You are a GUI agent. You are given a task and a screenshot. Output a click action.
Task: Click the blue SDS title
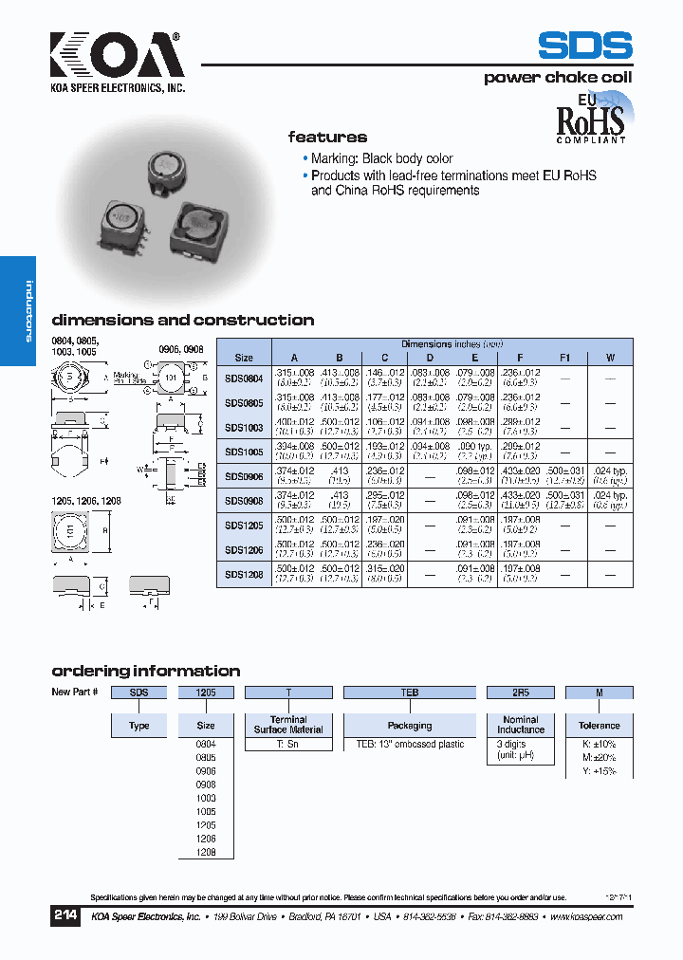point(584,47)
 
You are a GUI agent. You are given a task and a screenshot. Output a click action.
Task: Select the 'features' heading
point(327,137)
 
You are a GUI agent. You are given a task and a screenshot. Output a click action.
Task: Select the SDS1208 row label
point(244,575)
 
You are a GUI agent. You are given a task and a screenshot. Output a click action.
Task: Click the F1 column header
point(565,358)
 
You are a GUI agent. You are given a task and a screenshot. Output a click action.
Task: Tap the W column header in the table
point(610,358)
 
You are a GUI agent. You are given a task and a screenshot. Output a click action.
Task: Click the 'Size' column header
point(244,358)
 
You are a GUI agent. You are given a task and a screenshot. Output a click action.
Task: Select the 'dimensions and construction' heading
point(182,320)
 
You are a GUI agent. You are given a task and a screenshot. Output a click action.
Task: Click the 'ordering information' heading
point(145,671)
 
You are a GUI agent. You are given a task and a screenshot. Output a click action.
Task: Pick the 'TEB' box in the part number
point(409,692)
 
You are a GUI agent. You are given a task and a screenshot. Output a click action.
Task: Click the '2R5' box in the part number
point(520,692)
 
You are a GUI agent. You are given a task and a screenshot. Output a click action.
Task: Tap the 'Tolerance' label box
point(599,726)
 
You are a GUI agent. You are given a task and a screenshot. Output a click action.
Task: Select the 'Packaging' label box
point(409,726)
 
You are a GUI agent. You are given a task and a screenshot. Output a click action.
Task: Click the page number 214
point(65,916)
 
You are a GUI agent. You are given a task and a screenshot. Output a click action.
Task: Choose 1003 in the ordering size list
point(206,799)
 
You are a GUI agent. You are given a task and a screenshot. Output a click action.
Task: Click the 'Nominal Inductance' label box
point(520,726)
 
